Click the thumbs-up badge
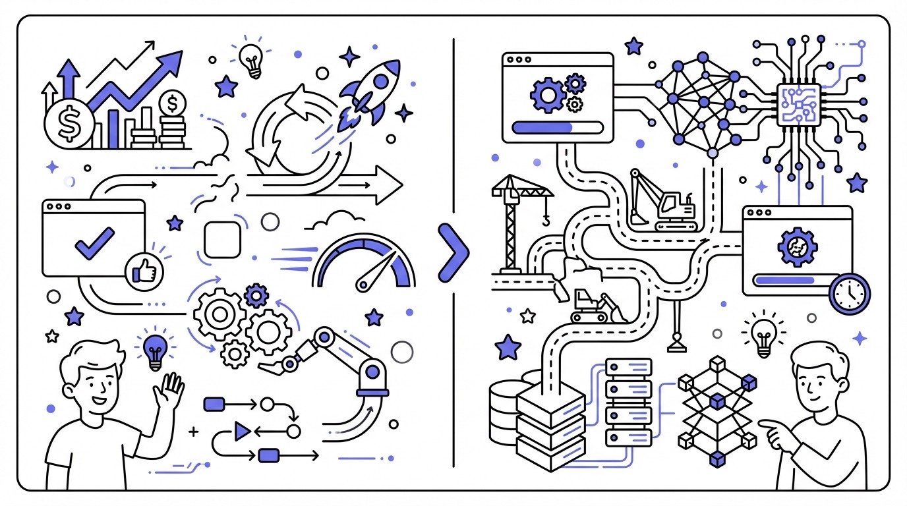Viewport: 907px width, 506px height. point(144,270)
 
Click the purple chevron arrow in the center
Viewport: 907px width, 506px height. point(453,253)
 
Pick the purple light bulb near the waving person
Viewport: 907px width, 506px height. point(155,349)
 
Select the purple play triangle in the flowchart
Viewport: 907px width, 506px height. point(243,432)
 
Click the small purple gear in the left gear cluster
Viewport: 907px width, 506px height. point(256,295)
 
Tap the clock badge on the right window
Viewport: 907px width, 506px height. point(850,294)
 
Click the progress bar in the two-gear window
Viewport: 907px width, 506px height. point(558,126)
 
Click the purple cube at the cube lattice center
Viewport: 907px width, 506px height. point(717,400)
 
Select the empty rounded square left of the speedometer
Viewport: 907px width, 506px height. point(222,240)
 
